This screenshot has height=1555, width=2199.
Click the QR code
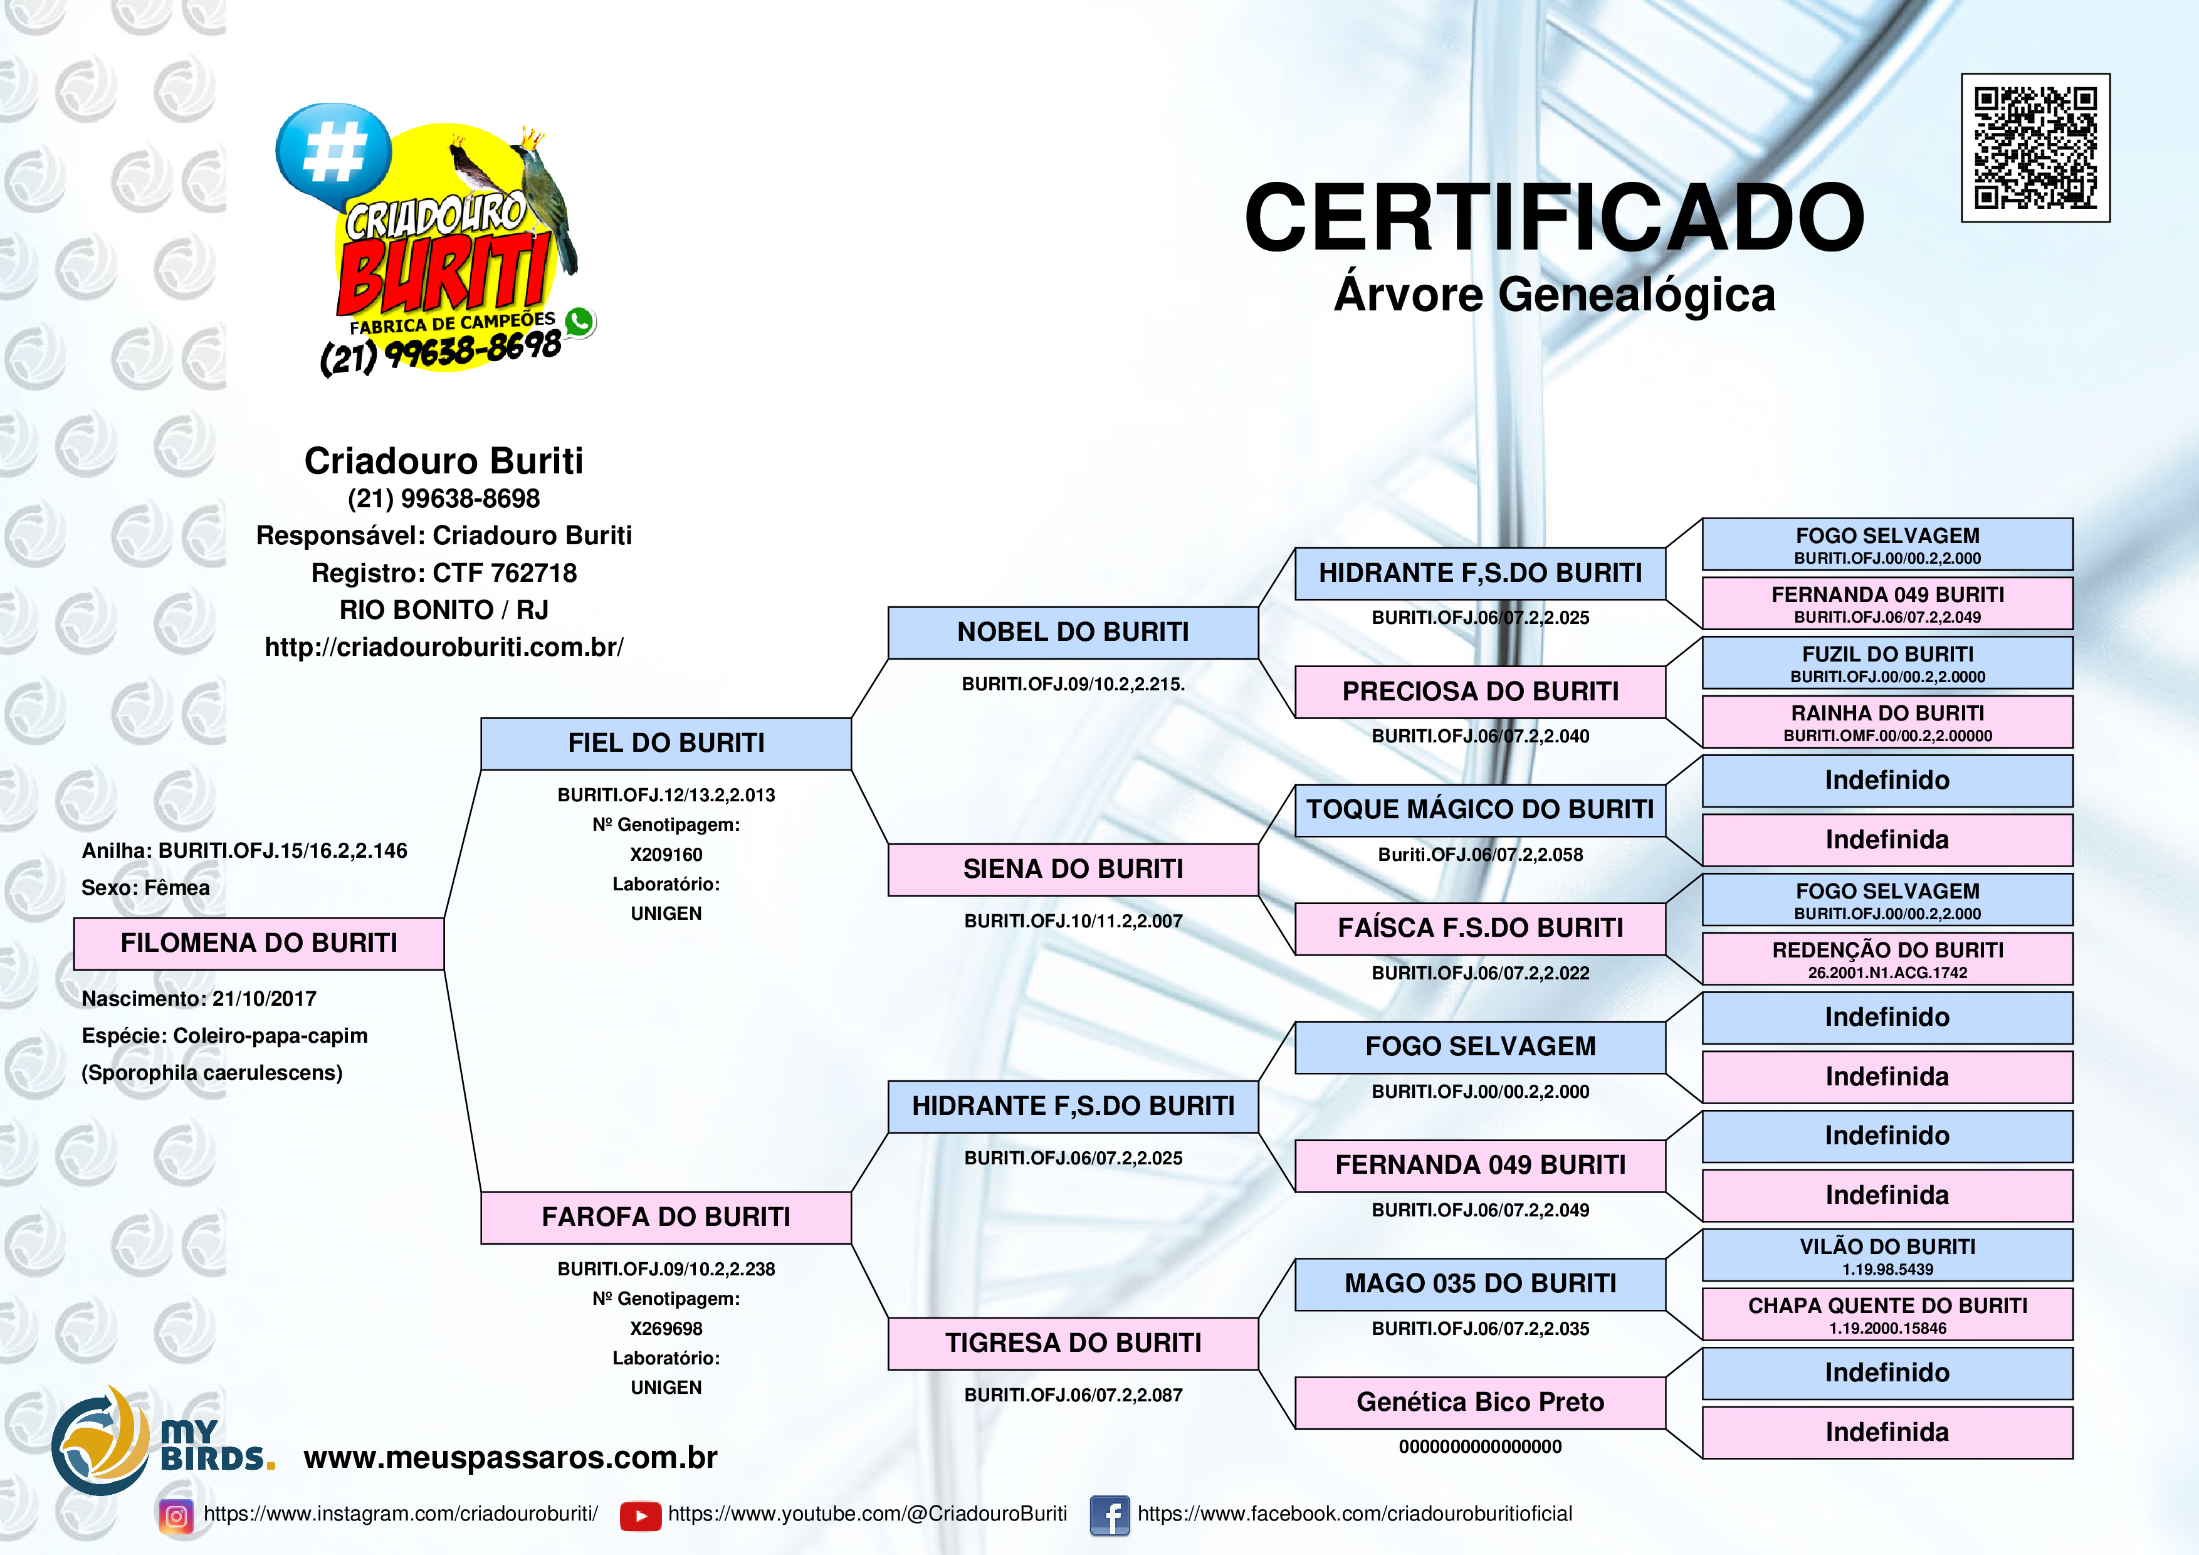(2035, 147)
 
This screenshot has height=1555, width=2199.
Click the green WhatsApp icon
(579, 322)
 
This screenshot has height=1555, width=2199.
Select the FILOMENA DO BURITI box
(259, 944)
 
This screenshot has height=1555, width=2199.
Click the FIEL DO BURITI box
(666, 744)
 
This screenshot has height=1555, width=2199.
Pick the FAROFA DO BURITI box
(666, 1218)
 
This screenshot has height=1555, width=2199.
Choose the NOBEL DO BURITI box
(1073, 633)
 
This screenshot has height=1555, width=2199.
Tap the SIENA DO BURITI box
(1073, 870)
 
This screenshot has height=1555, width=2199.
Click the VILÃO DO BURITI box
(1887, 1255)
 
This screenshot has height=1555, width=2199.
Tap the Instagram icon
(176, 1515)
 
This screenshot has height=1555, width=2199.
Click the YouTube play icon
(641, 1515)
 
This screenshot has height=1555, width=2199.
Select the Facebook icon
(1110, 1515)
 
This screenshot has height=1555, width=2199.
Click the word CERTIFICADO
(1555, 218)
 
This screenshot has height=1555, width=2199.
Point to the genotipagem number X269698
(666, 1329)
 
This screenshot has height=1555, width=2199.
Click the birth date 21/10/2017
(265, 999)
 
